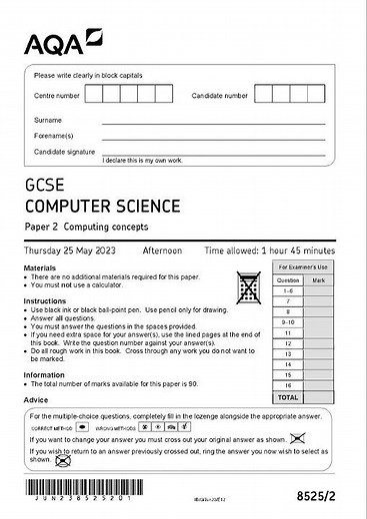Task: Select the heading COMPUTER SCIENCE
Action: (x=103, y=207)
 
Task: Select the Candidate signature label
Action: (x=64, y=152)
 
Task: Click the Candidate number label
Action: (x=220, y=96)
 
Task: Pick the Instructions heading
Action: (x=45, y=300)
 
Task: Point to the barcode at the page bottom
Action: (x=59, y=496)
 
